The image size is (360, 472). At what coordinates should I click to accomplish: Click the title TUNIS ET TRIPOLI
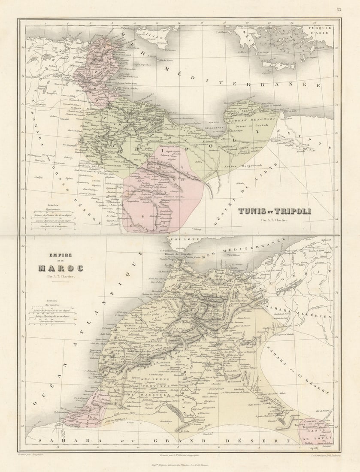tap(274, 211)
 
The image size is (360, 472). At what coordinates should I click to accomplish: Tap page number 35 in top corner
tap(339, 9)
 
